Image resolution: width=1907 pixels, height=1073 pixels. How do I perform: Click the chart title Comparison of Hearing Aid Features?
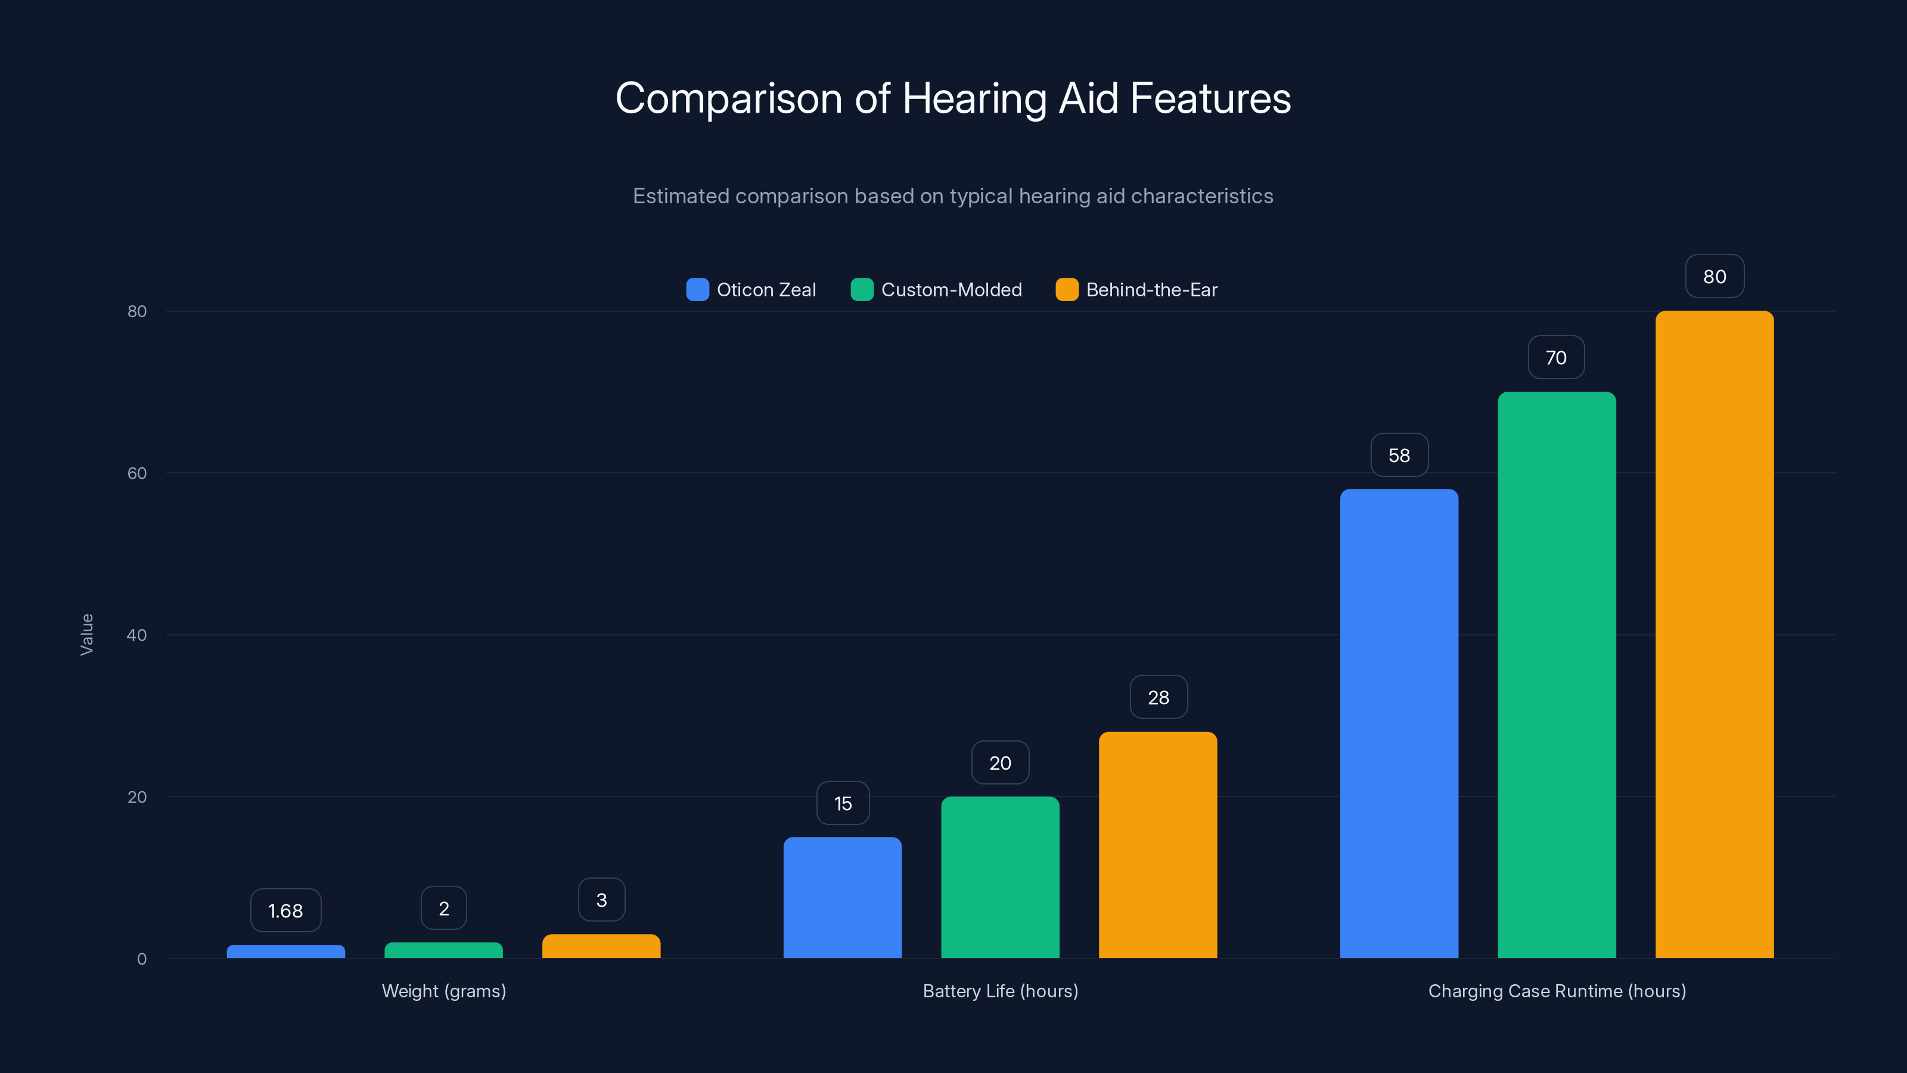[x=953, y=98]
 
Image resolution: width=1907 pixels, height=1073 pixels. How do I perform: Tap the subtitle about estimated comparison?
[x=953, y=196]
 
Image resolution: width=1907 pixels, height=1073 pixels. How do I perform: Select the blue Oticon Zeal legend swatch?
[x=697, y=290]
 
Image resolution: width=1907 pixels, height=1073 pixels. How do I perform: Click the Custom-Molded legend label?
[x=951, y=290]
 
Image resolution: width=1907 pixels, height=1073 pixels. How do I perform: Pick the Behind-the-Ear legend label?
[x=1151, y=290]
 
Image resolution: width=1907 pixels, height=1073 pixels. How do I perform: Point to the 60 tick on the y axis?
[x=137, y=473]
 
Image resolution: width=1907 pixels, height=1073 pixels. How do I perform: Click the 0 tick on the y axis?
[x=141, y=959]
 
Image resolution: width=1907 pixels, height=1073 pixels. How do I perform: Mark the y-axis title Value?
[x=86, y=635]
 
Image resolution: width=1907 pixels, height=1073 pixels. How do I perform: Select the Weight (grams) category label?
[x=443, y=991]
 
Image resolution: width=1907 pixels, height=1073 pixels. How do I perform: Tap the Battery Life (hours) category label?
[x=1000, y=991]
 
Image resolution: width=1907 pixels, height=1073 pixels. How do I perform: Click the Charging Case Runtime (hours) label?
[x=1557, y=991]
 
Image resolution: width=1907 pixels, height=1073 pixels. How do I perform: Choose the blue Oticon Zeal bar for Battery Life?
[x=843, y=898]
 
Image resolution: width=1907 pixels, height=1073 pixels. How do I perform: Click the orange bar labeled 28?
[x=1158, y=845]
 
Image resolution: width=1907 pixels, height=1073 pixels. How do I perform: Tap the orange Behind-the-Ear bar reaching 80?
[x=1715, y=635]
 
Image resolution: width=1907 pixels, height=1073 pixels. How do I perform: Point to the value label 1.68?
[x=286, y=911]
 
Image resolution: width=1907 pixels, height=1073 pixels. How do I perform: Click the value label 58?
[x=1399, y=455]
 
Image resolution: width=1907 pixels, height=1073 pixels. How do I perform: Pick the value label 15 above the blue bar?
[x=843, y=804]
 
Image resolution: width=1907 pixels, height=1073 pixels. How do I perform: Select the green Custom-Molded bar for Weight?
[x=443, y=950]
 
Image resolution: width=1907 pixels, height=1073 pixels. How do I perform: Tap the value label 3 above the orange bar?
[x=601, y=900]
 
